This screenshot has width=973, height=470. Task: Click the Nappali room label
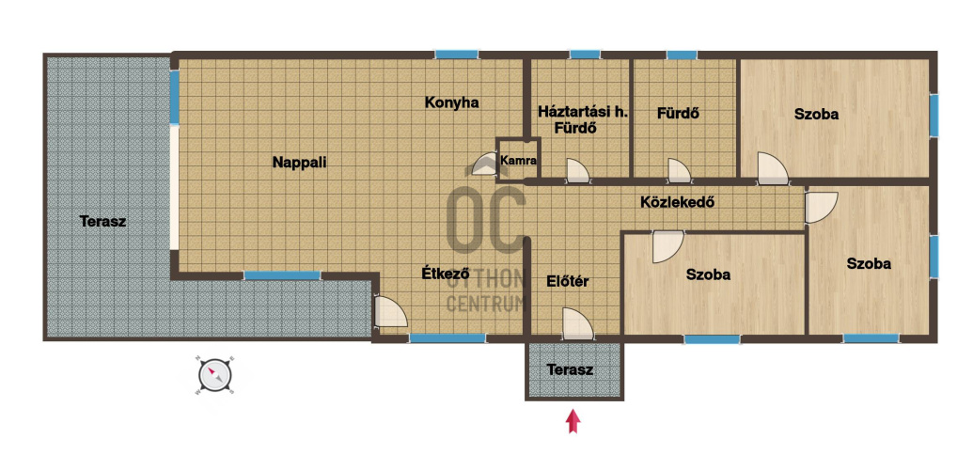tap(299, 163)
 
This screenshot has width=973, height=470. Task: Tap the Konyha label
tap(452, 103)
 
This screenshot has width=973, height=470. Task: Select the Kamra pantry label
tap(519, 160)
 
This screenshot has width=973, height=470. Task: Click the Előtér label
tap(567, 281)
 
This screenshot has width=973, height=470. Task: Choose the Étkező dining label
tap(445, 273)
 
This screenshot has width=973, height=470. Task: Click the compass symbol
tap(215, 376)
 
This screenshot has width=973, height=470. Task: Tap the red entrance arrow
tap(573, 421)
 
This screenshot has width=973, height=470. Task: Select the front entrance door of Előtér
tap(577, 323)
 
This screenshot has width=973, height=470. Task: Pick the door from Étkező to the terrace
tap(390, 312)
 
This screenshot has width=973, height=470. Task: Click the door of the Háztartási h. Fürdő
tap(577, 171)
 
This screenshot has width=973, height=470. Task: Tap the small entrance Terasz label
tap(570, 370)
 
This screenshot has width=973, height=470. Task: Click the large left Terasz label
tap(103, 221)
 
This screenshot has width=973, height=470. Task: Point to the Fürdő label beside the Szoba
tap(679, 114)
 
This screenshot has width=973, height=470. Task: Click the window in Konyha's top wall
tap(456, 55)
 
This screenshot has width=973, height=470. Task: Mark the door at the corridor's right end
tap(821, 208)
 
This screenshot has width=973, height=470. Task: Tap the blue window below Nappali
tap(282, 275)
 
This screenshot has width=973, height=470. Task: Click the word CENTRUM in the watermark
tap(487, 304)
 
